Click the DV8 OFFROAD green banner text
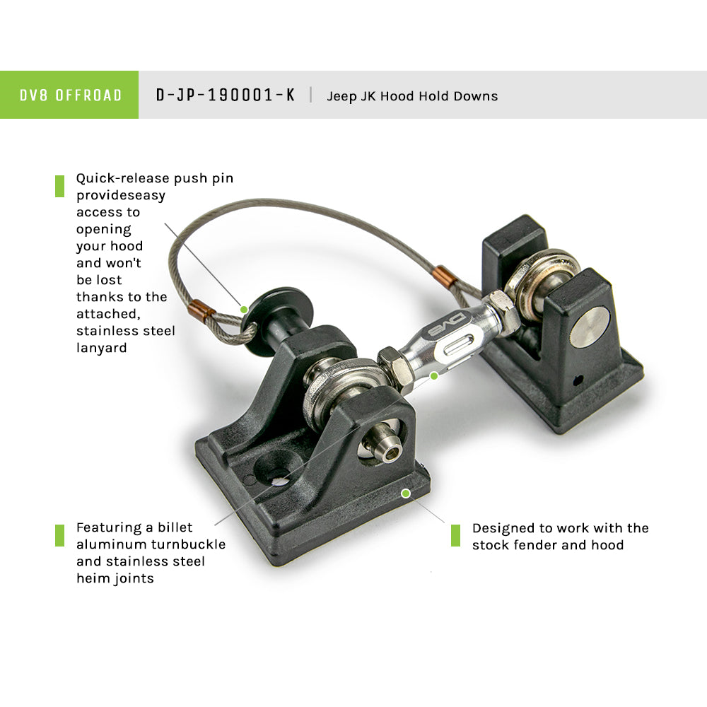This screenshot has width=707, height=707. [x=71, y=95]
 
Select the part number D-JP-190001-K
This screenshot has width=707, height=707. [x=225, y=95]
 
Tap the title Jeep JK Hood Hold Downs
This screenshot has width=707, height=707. [x=412, y=96]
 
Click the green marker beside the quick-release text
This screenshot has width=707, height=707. [x=59, y=186]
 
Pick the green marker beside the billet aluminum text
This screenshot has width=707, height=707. [x=59, y=535]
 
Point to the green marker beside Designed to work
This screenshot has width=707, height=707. [x=455, y=535]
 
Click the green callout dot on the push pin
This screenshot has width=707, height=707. [x=244, y=310]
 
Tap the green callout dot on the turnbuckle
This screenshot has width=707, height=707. [x=434, y=375]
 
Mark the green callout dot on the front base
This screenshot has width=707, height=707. [x=406, y=493]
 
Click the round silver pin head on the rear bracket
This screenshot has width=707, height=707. [x=590, y=327]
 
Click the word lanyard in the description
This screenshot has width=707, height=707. [x=101, y=348]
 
